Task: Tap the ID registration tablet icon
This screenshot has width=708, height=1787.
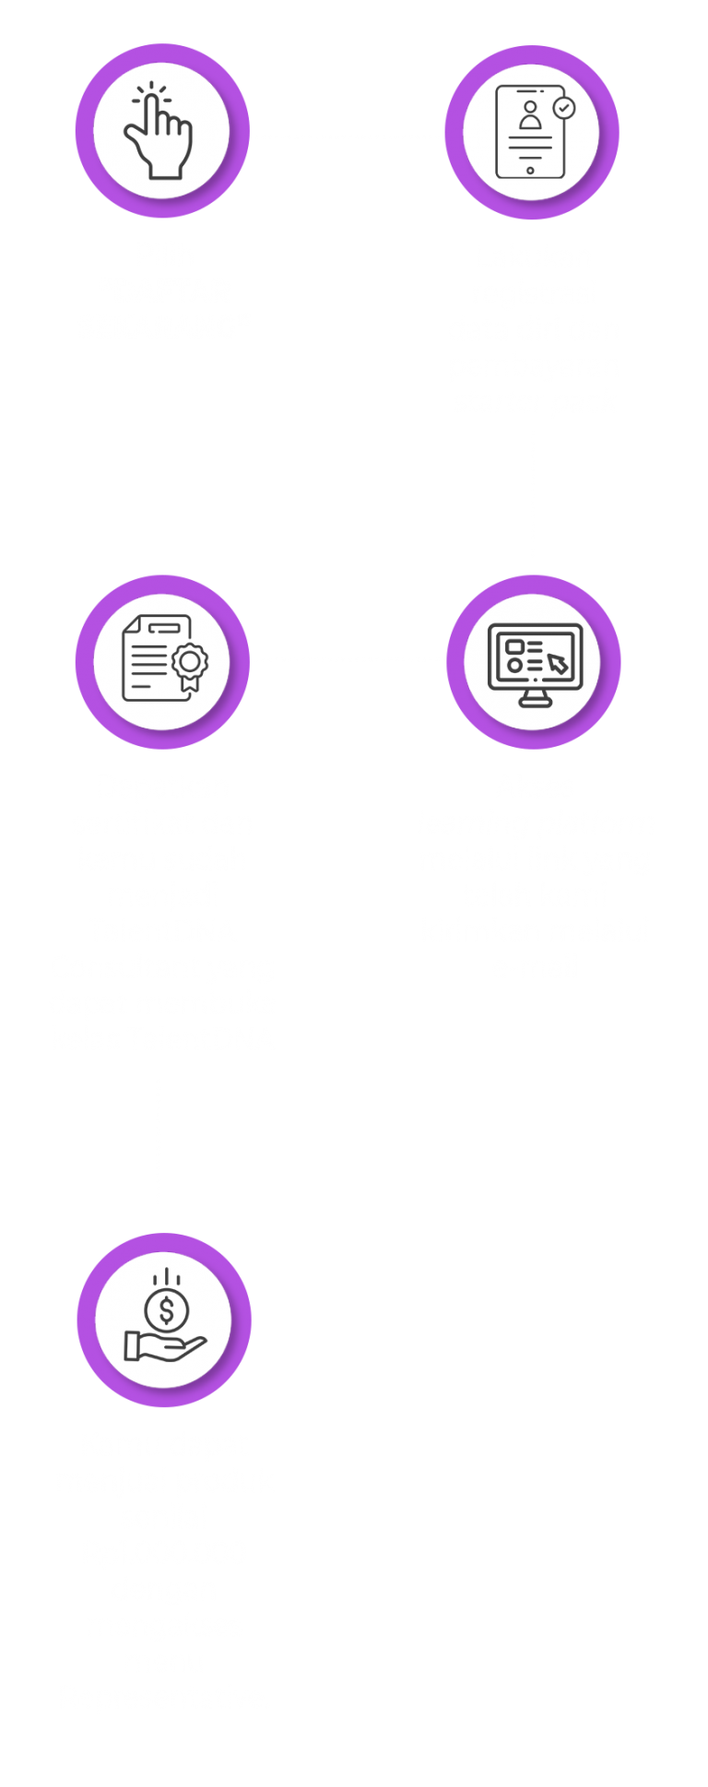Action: click(x=532, y=132)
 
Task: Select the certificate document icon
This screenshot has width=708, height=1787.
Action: click(x=163, y=660)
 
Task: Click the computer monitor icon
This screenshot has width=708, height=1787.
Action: click(x=535, y=661)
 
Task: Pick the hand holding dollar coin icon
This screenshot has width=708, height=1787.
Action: click(x=164, y=1319)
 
